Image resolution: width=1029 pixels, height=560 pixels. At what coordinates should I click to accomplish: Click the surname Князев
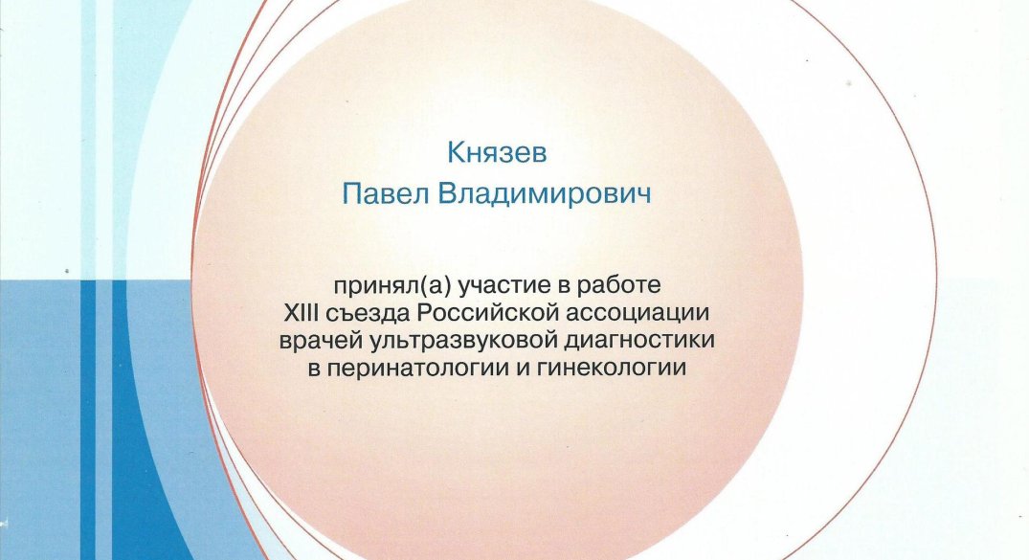[x=497, y=153]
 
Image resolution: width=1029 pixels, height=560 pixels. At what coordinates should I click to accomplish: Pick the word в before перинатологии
[x=314, y=369]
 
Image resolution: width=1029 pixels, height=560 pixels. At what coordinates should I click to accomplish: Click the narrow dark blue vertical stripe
[x=88, y=420]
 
